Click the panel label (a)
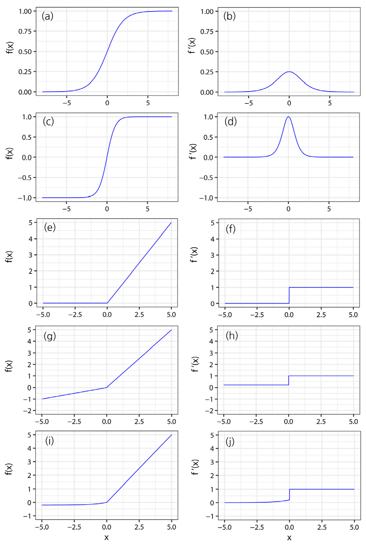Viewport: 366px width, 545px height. click(x=48, y=16)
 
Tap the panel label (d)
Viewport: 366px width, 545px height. click(x=231, y=121)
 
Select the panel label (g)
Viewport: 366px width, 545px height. click(x=50, y=336)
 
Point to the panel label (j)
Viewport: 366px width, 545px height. click(x=230, y=442)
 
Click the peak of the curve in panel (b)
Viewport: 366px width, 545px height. click(x=289, y=72)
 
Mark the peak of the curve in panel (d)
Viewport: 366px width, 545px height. click(x=288, y=117)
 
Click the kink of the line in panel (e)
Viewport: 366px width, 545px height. click(x=107, y=303)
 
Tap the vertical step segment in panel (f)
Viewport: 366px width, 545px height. click(x=289, y=295)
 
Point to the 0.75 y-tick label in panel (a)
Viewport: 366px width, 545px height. click(x=25, y=31)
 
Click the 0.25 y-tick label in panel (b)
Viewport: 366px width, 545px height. click(x=207, y=72)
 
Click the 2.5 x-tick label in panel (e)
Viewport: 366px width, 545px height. click(x=139, y=315)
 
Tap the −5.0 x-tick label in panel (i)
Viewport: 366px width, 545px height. click(x=41, y=527)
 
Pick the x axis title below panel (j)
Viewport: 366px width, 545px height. click(x=289, y=538)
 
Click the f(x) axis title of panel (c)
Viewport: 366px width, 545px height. click(x=9, y=153)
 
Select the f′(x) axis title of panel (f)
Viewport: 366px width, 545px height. click(x=194, y=255)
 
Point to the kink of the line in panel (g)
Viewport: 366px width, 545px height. click(x=107, y=387)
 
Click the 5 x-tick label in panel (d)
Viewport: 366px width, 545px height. click(x=329, y=209)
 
